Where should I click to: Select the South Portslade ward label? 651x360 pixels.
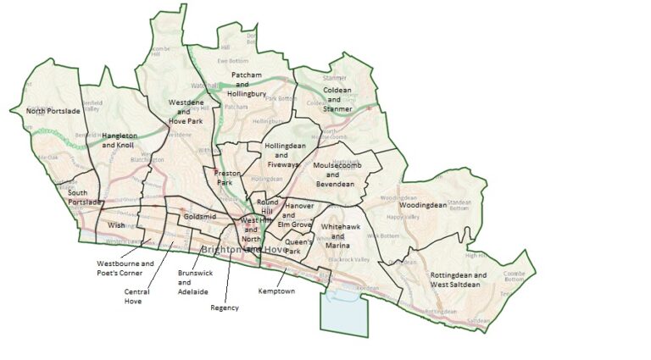[83, 197]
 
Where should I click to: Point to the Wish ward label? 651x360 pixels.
[116, 225]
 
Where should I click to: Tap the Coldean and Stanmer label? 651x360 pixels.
[337, 97]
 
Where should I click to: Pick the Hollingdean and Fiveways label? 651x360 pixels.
[283, 155]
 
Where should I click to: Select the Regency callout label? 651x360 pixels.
[224, 307]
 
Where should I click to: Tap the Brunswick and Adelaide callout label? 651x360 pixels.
[192, 282]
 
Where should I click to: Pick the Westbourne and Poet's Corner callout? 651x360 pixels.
[125, 268]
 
